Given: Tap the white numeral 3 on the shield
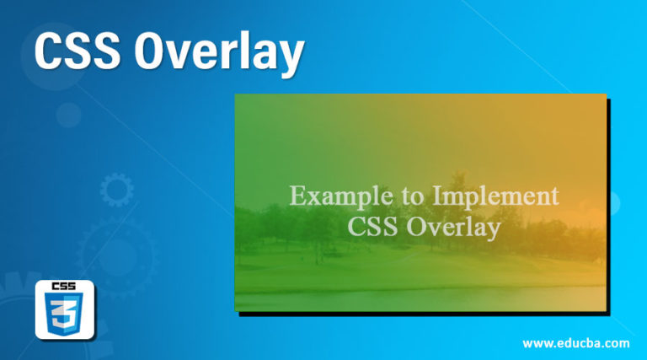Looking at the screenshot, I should (x=65, y=319).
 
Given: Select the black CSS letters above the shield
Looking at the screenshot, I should (x=65, y=287).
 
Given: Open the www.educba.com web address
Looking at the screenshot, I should (x=575, y=343).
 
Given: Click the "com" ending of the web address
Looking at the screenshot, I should (x=616, y=343).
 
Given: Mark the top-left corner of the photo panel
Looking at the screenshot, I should (x=235, y=94).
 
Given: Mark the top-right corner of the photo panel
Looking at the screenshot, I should (x=606, y=94).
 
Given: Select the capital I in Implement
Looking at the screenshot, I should (x=436, y=196).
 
